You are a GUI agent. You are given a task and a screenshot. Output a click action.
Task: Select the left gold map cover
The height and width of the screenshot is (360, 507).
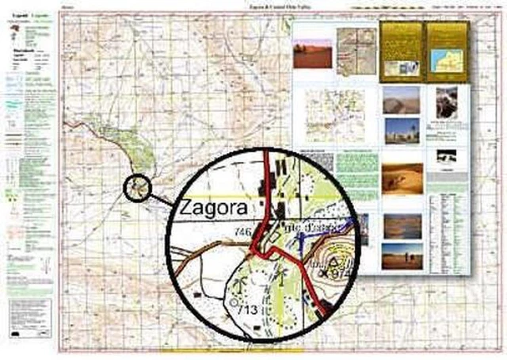click(401, 52)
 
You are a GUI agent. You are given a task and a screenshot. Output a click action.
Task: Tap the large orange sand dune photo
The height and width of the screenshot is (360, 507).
click(402, 178)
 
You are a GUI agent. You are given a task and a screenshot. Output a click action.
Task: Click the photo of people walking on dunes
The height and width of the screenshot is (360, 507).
click(402, 256)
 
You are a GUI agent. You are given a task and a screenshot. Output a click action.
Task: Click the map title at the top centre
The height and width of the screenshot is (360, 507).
click(253, 7)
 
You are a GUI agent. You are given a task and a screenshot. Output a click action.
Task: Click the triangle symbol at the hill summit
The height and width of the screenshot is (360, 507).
click(331, 259)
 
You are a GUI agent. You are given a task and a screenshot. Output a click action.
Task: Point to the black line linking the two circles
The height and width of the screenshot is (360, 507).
click(158, 197)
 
